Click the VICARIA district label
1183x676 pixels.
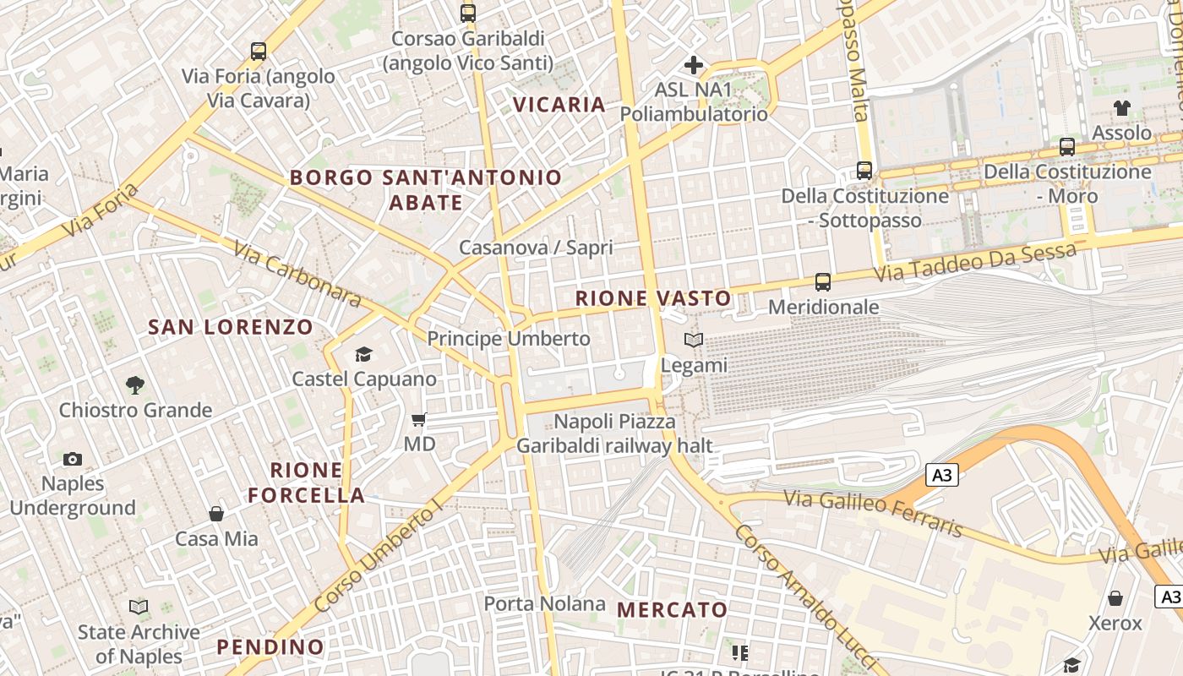click(560, 105)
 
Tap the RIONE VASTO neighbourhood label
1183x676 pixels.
click(653, 298)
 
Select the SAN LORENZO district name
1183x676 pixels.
click(231, 327)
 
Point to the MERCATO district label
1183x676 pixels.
click(672, 610)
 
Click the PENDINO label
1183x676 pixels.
click(270, 647)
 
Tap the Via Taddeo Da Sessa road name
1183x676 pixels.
click(975, 263)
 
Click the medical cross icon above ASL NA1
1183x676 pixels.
click(694, 65)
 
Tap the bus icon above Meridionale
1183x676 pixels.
click(823, 282)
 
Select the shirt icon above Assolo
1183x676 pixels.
click(1121, 108)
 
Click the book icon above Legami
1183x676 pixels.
click(694, 341)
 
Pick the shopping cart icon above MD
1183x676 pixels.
click(419, 419)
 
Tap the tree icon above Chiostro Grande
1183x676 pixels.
click(134, 385)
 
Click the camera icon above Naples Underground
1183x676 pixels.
click(73, 460)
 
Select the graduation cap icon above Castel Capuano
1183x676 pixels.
click(363, 354)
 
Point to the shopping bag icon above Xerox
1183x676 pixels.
click(1115, 599)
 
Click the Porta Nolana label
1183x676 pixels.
click(544, 604)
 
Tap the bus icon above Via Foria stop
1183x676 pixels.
click(259, 52)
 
